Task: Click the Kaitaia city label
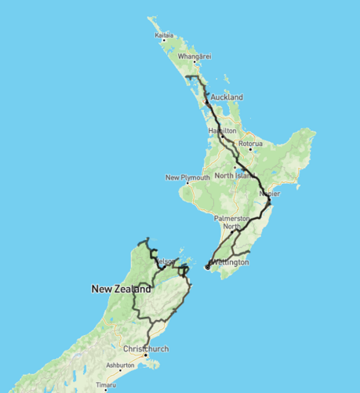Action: [165, 35]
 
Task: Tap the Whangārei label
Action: [195, 56]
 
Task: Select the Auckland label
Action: [227, 97]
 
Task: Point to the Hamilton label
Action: [223, 130]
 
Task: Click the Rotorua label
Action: [251, 144]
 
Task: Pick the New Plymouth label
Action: [187, 177]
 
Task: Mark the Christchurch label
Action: [146, 349]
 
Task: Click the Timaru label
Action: [105, 385]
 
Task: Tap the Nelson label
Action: [165, 261]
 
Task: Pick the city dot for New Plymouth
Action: [187, 183]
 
